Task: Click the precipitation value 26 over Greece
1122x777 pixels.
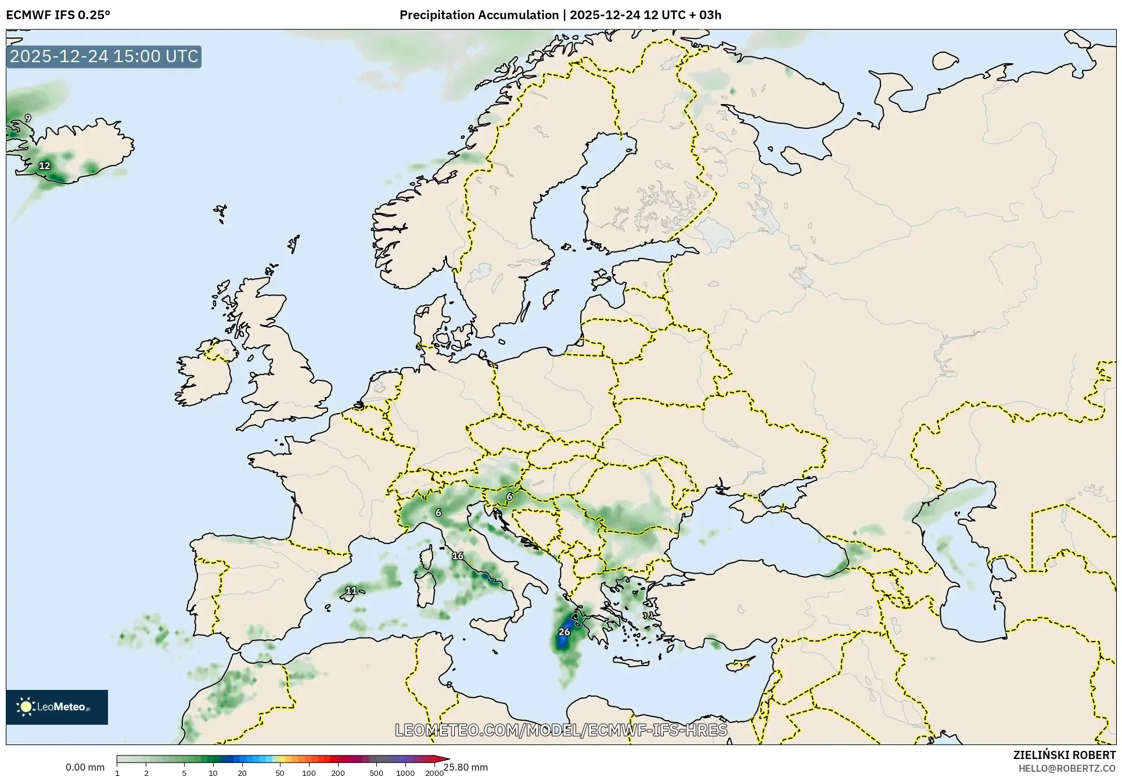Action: (x=564, y=632)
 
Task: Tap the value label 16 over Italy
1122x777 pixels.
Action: (x=458, y=556)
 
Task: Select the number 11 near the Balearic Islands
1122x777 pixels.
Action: (x=351, y=591)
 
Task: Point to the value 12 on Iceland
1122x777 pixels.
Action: (x=45, y=166)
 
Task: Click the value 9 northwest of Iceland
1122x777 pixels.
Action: (x=27, y=118)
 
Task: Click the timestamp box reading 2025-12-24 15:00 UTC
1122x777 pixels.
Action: (x=104, y=56)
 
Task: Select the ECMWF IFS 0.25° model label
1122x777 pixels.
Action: (x=58, y=15)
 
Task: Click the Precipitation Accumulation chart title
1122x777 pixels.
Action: (x=560, y=15)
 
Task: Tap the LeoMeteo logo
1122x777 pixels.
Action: (x=57, y=707)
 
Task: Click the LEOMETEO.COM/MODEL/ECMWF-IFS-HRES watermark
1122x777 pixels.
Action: (x=561, y=730)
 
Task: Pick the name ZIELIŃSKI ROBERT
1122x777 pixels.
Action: (x=1064, y=756)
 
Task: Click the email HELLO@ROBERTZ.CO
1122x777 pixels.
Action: (x=1067, y=768)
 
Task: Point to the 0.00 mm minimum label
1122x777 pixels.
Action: (x=85, y=767)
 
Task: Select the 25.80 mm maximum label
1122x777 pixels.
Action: (x=466, y=767)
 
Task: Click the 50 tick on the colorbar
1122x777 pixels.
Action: (x=280, y=773)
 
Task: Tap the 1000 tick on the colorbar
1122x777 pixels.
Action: (x=405, y=773)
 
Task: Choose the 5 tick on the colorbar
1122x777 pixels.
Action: (x=184, y=773)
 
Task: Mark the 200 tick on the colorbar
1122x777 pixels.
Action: (x=337, y=773)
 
